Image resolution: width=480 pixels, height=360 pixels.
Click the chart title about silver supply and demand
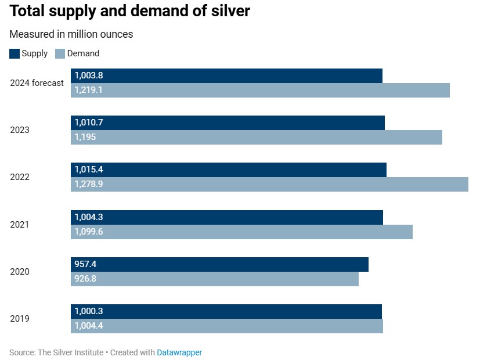click(129, 11)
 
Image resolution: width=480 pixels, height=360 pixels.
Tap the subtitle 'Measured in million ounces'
click(71, 34)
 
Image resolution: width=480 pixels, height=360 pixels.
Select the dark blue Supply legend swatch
click(15, 53)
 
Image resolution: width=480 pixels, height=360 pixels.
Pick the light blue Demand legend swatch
click(60, 53)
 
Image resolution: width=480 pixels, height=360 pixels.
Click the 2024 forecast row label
click(37, 83)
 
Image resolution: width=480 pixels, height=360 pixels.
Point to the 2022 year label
click(20, 177)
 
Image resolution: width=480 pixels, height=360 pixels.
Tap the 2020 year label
click(20, 272)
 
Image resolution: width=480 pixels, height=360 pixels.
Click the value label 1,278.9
click(89, 184)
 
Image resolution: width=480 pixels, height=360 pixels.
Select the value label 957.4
click(85, 264)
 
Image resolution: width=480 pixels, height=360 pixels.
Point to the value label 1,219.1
click(88, 90)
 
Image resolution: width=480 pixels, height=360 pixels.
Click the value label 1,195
click(85, 137)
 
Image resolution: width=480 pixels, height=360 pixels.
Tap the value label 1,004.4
click(89, 326)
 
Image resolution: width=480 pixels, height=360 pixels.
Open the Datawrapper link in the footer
click(179, 352)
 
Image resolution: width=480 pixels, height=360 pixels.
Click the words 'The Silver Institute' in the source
click(70, 352)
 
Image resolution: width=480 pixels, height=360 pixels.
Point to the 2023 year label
click(20, 130)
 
